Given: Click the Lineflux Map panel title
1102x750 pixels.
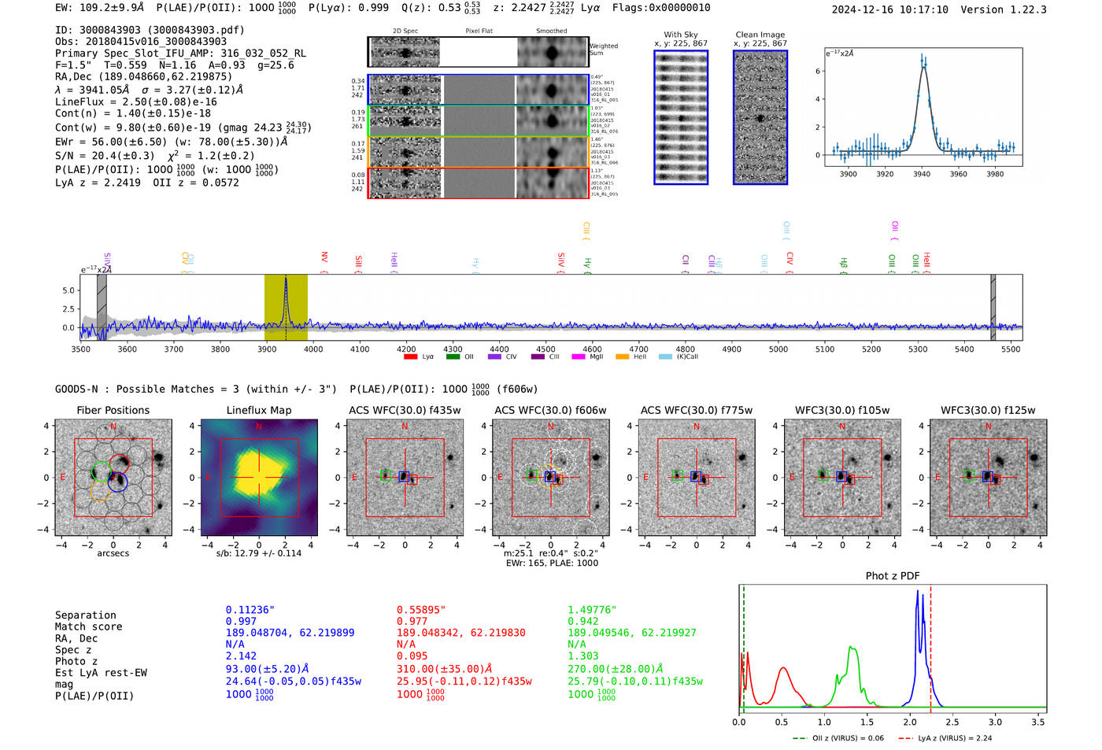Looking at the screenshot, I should pyautogui.click(x=258, y=410).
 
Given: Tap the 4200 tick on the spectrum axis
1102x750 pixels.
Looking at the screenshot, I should pyautogui.click(x=406, y=349).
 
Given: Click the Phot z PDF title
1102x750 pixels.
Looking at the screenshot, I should pyautogui.click(x=893, y=576).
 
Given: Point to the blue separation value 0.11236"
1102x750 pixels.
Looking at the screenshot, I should pyautogui.click(x=250, y=610).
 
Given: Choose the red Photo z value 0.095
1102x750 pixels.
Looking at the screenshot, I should pyautogui.click(x=412, y=656).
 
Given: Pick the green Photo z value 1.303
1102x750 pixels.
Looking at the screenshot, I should pyautogui.click(x=583, y=656).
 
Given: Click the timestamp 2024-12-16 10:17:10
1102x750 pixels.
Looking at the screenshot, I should pyautogui.click(x=890, y=9).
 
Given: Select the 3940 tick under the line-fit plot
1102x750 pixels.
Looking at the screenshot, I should pyautogui.click(x=922, y=174).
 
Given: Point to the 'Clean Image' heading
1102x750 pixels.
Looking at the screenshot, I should pyautogui.click(x=760, y=35).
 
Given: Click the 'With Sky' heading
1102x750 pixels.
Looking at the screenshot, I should pyautogui.click(x=681, y=35).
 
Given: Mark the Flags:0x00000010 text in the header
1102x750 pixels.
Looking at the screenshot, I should pyautogui.click(x=661, y=7).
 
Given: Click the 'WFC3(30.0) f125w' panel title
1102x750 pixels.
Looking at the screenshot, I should pyautogui.click(x=988, y=410).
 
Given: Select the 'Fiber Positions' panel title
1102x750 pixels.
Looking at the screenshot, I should pyautogui.click(x=113, y=410).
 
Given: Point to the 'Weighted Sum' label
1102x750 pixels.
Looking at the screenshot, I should pyautogui.click(x=603, y=50).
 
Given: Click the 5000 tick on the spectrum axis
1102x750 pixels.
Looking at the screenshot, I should pyautogui.click(x=778, y=349).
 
